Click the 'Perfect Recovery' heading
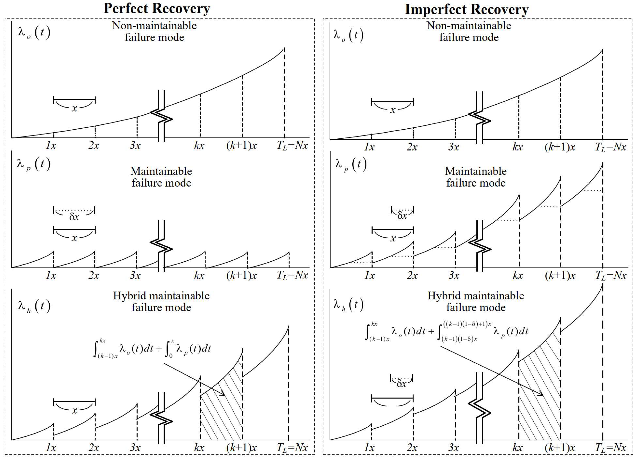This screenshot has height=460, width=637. click(x=157, y=8)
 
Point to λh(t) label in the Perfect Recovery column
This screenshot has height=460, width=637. click(x=34, y=306)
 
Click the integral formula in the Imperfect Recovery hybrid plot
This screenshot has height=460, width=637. click(x=446, y=332)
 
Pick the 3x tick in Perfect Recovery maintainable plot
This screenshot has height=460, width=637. click(x=135, y=275)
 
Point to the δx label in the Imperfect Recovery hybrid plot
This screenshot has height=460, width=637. click(x=402, y=384)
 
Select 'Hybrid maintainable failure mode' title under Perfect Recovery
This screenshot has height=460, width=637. click(x=161, y=301)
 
